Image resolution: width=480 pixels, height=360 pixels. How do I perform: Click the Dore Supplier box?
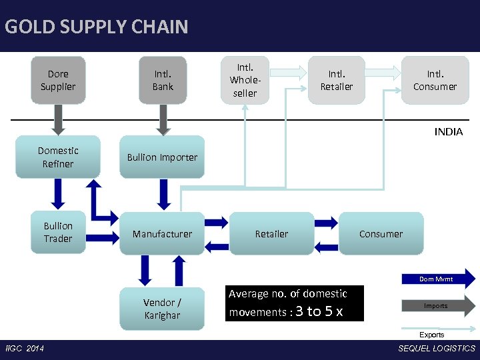(x=58, y=80)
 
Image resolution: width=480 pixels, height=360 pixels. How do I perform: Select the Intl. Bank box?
(x=163, y=80)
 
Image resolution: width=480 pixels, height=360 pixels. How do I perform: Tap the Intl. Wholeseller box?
(x=245, y=80)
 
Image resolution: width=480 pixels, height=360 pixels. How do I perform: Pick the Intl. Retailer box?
(x=336, y=80)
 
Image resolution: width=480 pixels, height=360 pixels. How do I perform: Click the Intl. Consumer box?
(x=435, y=80)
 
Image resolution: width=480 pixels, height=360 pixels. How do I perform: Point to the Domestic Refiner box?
(x=58, y=157)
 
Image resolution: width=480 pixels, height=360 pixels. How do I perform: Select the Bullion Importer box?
(x=162, y=157)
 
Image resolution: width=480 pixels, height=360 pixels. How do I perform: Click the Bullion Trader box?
(x=58, y=232)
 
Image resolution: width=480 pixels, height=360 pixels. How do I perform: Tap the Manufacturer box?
(x=162, y=233)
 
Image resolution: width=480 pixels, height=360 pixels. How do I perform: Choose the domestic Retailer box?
(x=271, y=233)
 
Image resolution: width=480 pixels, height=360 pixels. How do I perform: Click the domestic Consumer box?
(x=381, y=233)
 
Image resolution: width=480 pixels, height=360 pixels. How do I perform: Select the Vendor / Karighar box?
(x=162, y=309)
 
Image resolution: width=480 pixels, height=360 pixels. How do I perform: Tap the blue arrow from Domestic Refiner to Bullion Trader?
(x=58, y=194)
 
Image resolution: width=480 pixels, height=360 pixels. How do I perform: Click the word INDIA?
(x=448, y=132)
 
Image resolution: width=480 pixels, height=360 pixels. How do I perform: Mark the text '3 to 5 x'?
(x=319, y=311)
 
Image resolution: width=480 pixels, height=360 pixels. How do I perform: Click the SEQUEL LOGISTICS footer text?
(x=437, y=349)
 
